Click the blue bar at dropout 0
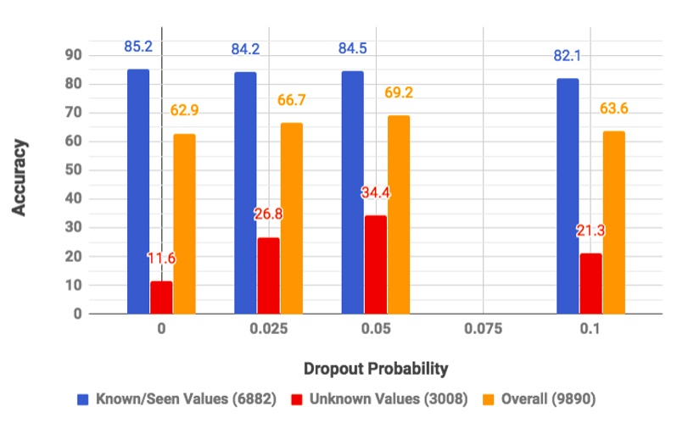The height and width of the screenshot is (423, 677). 138,192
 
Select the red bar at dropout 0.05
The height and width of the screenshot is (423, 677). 375,264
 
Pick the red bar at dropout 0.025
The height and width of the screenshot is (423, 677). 268,276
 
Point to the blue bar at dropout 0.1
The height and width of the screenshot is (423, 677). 591,196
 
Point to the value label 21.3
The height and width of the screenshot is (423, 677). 590,231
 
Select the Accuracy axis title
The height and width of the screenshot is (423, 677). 20,176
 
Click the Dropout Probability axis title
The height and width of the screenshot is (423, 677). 375,369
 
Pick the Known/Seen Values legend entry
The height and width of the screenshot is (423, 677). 177,398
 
